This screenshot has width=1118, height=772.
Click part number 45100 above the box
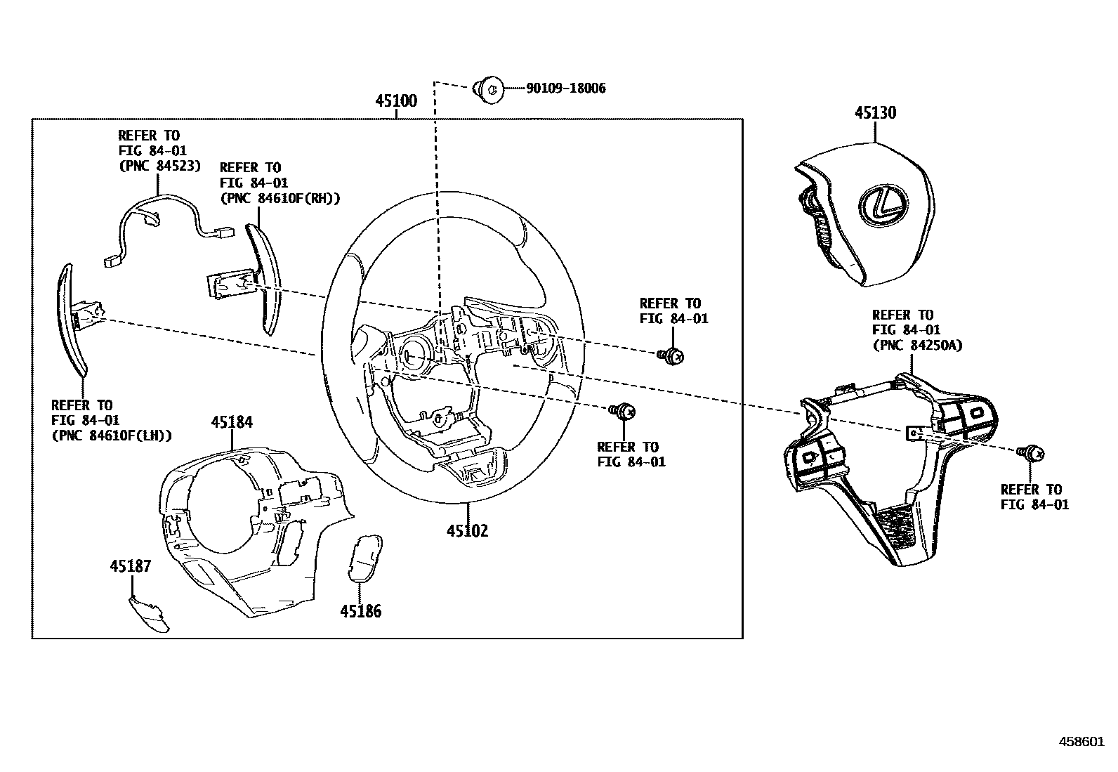pos(395,100)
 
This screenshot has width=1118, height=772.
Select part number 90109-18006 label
pos(565,89)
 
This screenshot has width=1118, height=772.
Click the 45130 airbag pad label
pos(875,113)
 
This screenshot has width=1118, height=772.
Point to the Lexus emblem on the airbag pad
pos(879,203)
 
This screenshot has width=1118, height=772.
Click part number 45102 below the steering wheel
pos(467,530)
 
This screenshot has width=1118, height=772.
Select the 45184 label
pos(232,422)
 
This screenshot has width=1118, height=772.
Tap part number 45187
pos(130,566)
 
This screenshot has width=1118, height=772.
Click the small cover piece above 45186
pos(366,558)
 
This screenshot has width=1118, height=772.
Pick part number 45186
pos(361,611)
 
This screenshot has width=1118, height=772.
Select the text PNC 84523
pos(159,166)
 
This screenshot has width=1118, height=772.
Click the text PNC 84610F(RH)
pos(279,198)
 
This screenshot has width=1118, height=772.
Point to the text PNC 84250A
pos(917,345)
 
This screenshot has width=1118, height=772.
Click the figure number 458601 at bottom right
pos(1081,741)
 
